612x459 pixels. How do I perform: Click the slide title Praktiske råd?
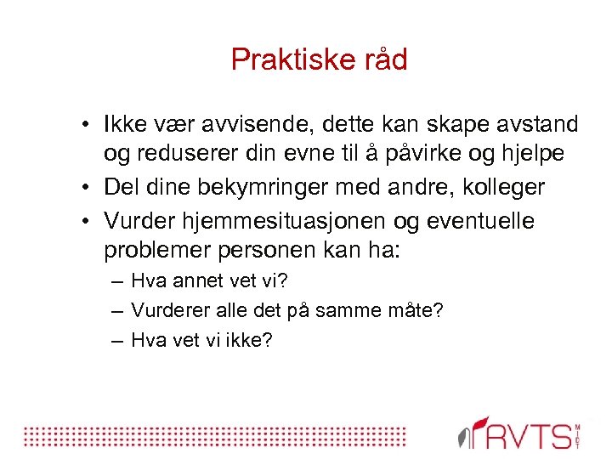coord(320,59)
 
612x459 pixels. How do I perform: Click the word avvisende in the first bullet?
coord(253,125)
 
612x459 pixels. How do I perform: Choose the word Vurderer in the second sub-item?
coord(168,311)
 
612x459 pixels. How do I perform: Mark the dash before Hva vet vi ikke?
coord(116,341)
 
